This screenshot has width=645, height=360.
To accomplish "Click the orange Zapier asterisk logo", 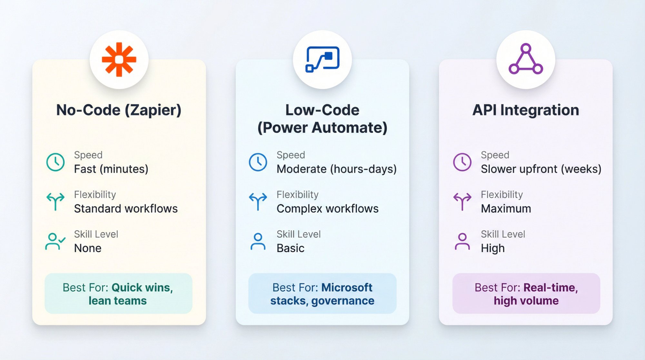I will pos(119,59).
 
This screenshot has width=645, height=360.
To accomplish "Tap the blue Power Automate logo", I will pos(322,59).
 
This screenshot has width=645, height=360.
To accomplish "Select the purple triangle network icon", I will pos(526,59).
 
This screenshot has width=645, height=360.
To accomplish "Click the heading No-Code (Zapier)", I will pos(119,110).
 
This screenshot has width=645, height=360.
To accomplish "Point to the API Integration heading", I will pos(526,110).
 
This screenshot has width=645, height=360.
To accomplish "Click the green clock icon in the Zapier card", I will pos(55,162).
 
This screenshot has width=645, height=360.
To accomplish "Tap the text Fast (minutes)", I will pos(111,169).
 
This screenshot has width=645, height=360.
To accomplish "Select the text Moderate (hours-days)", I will pos(336,169).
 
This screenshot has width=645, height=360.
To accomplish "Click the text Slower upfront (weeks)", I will pos(541,169).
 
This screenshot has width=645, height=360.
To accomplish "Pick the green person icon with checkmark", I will pos(55,242).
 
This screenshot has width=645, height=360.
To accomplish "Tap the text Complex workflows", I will pos(327,209).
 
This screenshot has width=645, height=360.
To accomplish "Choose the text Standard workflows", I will pos(126,209).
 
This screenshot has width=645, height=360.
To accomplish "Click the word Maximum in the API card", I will pos(506,209).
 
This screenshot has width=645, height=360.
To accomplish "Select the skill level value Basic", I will pos(290,248).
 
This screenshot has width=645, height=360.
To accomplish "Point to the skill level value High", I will pos(492,248).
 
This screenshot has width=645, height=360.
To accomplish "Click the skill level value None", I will pos(88,248).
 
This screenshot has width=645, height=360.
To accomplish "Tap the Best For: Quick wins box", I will pos(118,294).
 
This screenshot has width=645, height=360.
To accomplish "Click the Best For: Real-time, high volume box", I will pos(526,294).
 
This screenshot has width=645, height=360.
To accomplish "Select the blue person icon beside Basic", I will pos(258,242).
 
